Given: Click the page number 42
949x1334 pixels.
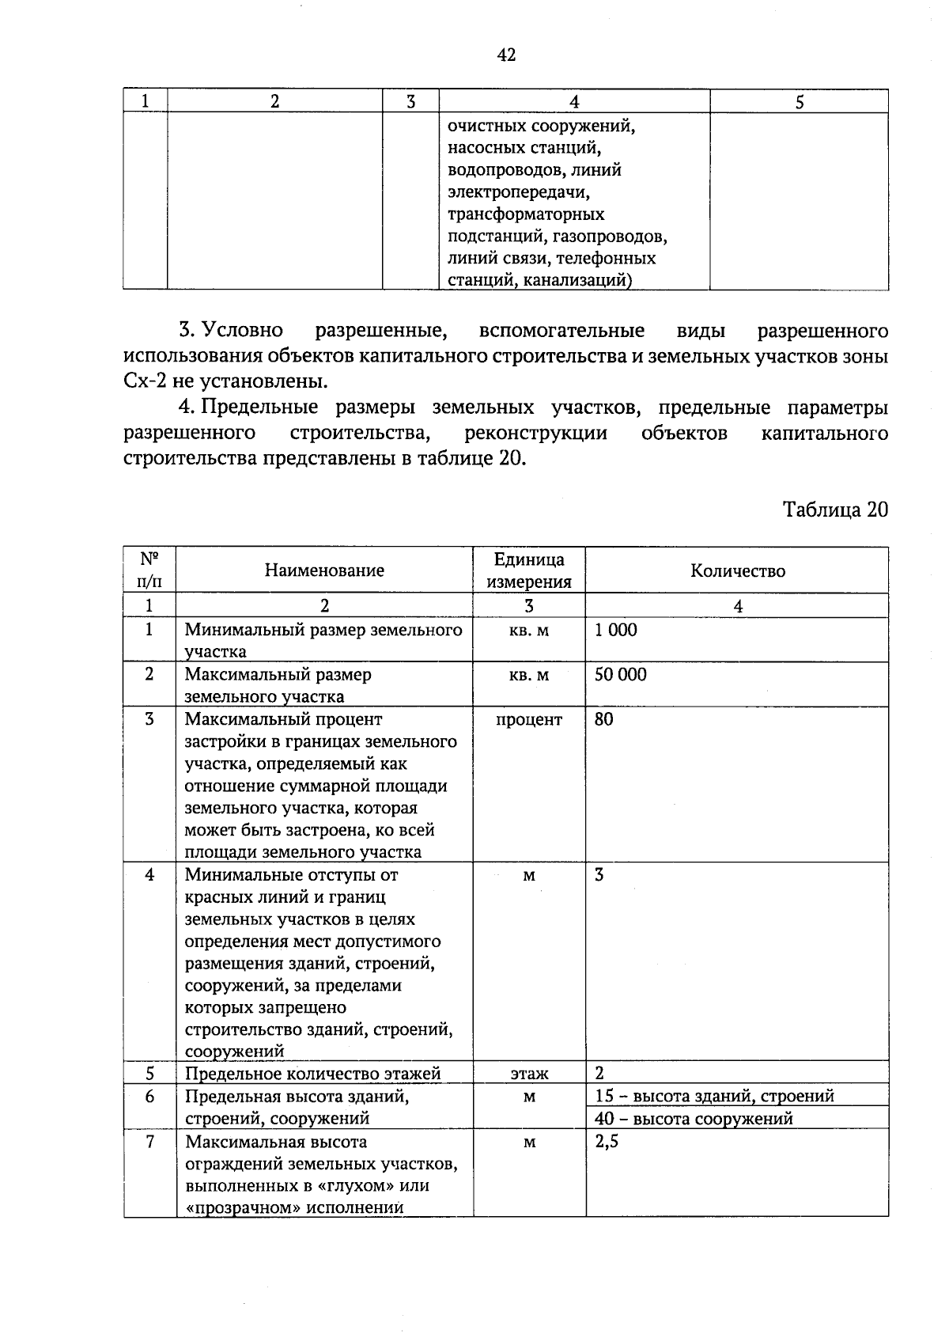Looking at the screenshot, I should coord(506,55).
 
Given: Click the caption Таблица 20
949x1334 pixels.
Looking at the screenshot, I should coord(835,509).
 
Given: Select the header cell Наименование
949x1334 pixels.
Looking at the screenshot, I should coord(324,570).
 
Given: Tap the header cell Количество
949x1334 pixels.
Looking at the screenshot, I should coord(737,570).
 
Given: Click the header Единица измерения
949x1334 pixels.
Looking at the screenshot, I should coord(528,570).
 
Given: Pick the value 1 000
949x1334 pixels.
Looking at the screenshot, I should coord(615,631).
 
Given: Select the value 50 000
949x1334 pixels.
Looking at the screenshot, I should coord(620,675).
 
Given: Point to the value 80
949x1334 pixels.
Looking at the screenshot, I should coord(603,719).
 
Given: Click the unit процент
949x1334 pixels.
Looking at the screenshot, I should coord(528,719).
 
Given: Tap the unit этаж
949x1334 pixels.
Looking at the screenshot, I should coord(528,1074).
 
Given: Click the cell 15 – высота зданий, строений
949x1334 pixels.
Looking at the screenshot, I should coord(714,1096).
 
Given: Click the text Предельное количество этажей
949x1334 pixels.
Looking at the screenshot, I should coord(312,1074).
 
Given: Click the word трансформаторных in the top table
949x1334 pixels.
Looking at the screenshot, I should coord(525,214).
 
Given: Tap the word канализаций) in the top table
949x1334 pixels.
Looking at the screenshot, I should coord(583,280).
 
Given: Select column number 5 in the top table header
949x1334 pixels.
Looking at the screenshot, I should coord(799,101).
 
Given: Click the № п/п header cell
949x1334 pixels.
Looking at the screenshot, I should coord(149,570).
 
